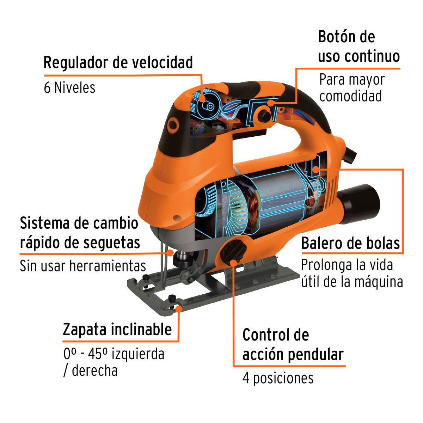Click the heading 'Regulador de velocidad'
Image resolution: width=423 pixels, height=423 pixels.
point(118,63)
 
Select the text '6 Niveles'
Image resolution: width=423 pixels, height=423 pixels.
point(69,87)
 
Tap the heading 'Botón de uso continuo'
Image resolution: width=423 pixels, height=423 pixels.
point(358,47)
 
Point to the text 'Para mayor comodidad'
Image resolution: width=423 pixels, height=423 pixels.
point(351,88)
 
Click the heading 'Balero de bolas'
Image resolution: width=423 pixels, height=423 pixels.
point(350,243)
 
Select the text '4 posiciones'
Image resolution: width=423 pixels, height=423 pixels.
point(278,378)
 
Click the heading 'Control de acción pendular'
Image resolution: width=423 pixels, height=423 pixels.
point(293,345)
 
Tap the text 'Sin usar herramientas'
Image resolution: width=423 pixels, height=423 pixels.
point(83,266)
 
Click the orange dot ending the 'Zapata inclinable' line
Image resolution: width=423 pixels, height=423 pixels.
point(179,309)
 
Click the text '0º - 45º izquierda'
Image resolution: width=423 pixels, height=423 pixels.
point(114,354)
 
